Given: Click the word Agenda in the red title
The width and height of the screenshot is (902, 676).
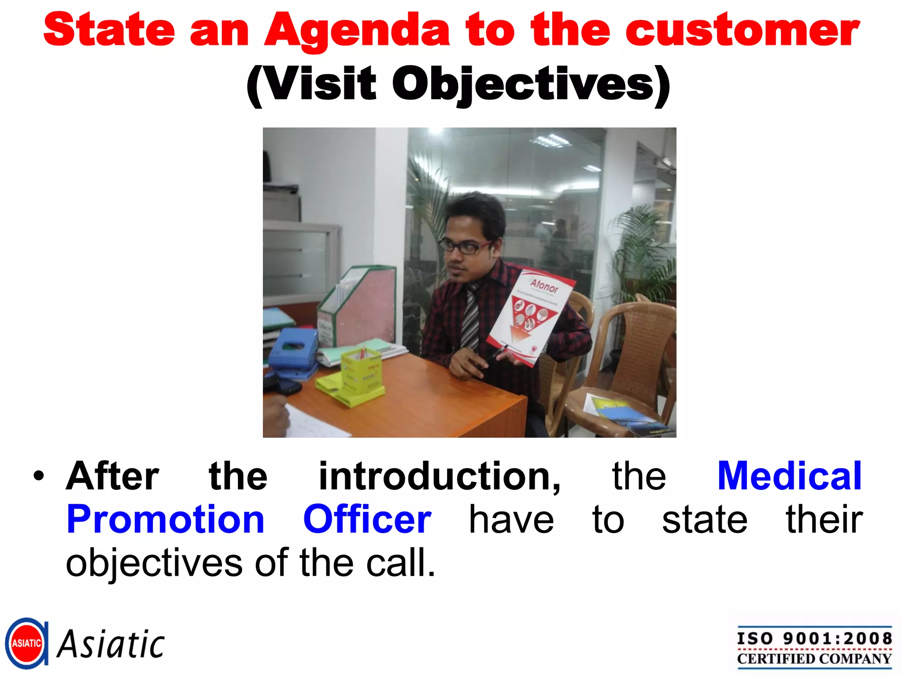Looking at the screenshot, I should (357, 31).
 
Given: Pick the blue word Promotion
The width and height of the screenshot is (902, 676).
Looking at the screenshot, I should (165, 520).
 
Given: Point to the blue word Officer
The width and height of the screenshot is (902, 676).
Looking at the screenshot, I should (367, 520).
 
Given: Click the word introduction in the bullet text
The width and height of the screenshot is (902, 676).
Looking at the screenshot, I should (439, 476).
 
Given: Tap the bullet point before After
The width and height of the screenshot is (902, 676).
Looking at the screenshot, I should (39, 477).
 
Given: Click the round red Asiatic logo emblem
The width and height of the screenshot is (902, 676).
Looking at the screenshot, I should (26, 643).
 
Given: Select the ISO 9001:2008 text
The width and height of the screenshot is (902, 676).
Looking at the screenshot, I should (814, 638).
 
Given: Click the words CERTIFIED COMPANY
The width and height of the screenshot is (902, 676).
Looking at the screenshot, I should (814, 659).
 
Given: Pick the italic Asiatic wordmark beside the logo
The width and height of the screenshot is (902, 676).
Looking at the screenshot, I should (111, 645).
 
